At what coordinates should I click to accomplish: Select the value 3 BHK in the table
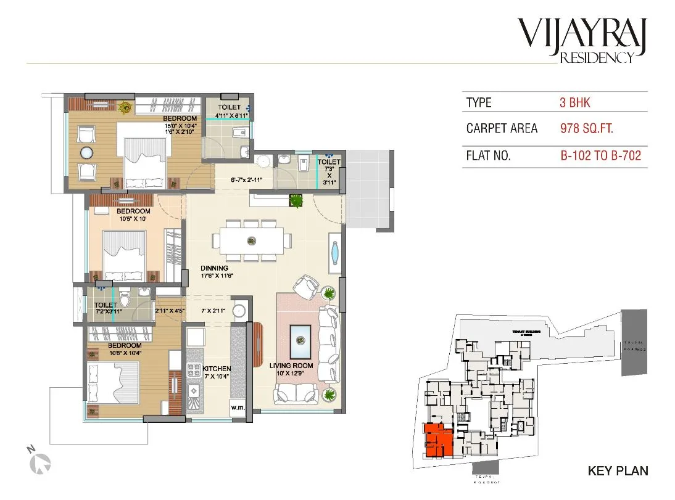point(575,102)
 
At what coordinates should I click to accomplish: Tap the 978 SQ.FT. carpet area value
point(586,129)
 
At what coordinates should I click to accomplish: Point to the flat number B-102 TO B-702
point(600,156)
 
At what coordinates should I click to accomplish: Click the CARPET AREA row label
point(502,129)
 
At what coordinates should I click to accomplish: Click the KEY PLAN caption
point(618,471)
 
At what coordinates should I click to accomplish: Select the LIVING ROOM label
point(291,366)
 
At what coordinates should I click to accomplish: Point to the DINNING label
point(213,268)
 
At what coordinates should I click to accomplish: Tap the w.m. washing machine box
point(238,407)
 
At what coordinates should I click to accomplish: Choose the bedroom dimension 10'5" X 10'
point(134,218)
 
